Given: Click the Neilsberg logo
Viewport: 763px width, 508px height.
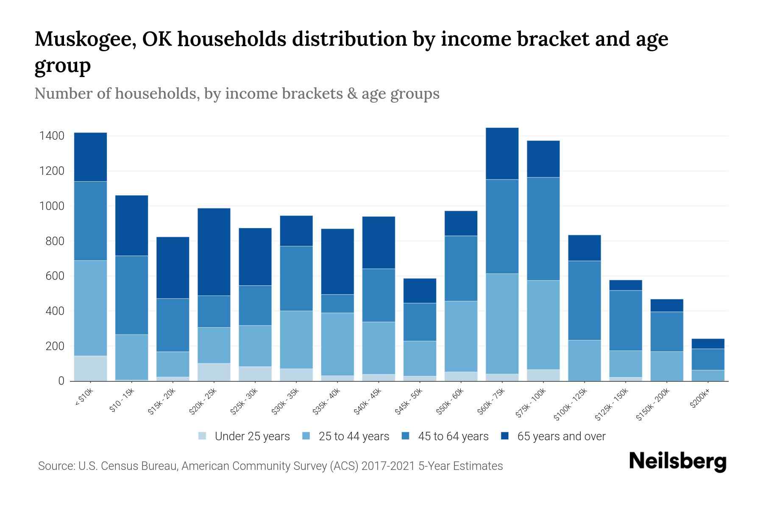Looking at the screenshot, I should click(677, 461).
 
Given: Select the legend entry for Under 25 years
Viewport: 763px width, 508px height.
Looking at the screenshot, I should click(252, 436).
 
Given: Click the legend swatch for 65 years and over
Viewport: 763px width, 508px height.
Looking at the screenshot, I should click(505, 436).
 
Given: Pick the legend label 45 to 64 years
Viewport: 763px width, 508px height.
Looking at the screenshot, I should click(453, 436).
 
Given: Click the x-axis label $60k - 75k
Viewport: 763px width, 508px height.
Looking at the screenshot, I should click(491, 401).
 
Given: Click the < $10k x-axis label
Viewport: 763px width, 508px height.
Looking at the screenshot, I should click(84, 398).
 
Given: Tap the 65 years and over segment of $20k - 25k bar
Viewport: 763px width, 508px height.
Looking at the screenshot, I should click(214, 252).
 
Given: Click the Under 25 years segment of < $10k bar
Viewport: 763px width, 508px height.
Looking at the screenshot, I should click(90, 368).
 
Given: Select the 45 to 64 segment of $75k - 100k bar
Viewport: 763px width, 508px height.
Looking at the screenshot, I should click(543, 229).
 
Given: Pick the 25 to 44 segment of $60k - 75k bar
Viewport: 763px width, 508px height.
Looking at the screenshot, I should click(502, 324).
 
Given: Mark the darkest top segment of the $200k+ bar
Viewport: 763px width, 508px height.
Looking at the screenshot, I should click(707, 344).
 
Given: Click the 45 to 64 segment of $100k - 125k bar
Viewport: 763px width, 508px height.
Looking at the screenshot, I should click(584, 301).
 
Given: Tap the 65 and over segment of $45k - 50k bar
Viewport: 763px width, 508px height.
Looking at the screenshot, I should click(419, 290).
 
